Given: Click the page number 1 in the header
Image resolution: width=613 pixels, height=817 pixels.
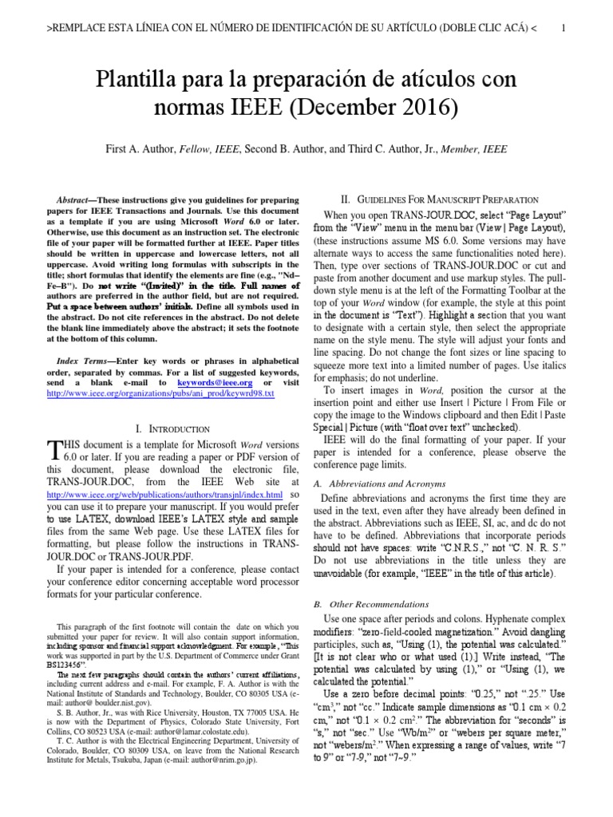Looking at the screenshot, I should pos(564,29).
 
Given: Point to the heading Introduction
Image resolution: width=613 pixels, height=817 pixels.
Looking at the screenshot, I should pos(176,429).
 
